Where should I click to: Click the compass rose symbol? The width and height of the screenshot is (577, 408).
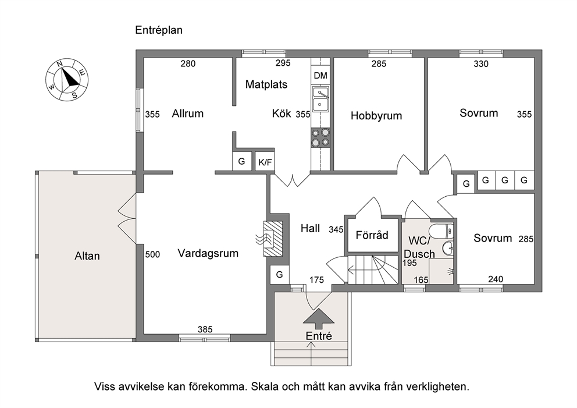click(67, 79)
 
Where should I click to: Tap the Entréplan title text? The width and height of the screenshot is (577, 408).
click(159, 30)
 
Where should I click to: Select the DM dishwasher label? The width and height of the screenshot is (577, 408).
click(320, 76)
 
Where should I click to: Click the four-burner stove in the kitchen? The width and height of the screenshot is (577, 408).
click(320, 137)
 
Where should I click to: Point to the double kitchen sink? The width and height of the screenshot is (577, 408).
click(320, 99)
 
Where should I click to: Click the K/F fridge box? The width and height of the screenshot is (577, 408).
click(265, 162)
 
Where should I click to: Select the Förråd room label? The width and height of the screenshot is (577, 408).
click(372, 235)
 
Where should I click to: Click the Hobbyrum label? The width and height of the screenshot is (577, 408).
click(376, 116)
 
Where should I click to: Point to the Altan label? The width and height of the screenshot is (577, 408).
click(87, 256)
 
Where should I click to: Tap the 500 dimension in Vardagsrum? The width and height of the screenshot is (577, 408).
click(152, 254)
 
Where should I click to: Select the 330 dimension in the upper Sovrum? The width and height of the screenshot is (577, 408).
click(481, 64)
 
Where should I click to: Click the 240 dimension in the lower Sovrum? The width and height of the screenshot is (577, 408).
click(496, 279)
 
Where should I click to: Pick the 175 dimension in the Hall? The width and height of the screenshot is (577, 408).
click(316, 280)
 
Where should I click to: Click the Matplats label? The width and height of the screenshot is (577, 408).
click(266, 85)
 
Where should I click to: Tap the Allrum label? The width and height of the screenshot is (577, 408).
click(188, 113)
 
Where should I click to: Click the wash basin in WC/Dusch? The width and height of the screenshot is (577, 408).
click(448, 248)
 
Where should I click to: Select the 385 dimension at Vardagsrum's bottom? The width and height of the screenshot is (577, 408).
click(205, 329)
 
